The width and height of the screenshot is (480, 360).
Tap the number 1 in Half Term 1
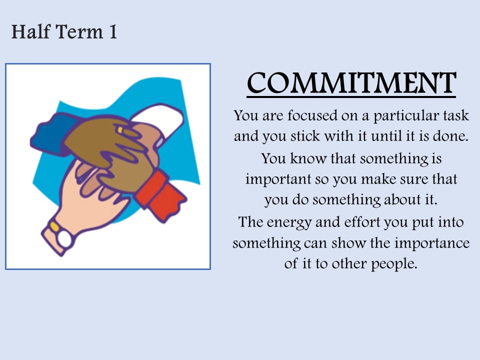(113, 32)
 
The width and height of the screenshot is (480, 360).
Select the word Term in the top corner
(79, 32)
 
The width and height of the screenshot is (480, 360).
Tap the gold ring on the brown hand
(120, 130)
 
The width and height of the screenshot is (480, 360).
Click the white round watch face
(64, 238)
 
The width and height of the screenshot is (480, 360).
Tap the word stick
(304, 135)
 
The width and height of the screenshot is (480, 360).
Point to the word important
(278, 179)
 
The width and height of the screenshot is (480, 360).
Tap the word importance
(432, 243)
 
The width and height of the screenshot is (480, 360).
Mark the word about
(402, 199)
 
